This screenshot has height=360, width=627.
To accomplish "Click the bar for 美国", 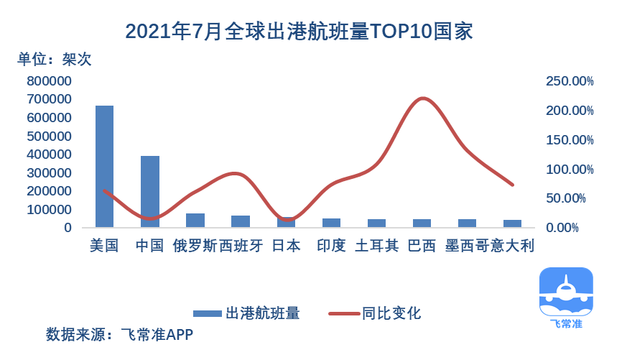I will (x=104, y=167).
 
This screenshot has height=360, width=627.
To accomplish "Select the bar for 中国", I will (x=149, y=192).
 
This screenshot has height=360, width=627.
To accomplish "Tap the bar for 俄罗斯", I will (x=195, y=221).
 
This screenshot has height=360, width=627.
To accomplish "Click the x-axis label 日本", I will (x=286, y=246).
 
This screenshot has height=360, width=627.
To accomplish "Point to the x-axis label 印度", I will (x=331, y=246).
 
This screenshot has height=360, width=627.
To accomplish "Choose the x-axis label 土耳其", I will (x=377, y=246).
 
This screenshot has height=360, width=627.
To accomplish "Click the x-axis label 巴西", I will (x=422, y=246).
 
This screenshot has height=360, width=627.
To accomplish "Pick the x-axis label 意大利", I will (x=511, y=246).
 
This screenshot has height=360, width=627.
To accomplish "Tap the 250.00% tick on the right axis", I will (x=570, y=81).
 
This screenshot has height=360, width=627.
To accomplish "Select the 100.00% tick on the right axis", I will (x=570, y=170).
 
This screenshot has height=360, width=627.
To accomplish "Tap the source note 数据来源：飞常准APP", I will (x=119, y=335).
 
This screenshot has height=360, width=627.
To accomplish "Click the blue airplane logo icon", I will (x=566, y=292).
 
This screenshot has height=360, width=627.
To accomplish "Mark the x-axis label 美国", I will (x=104, y=246).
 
